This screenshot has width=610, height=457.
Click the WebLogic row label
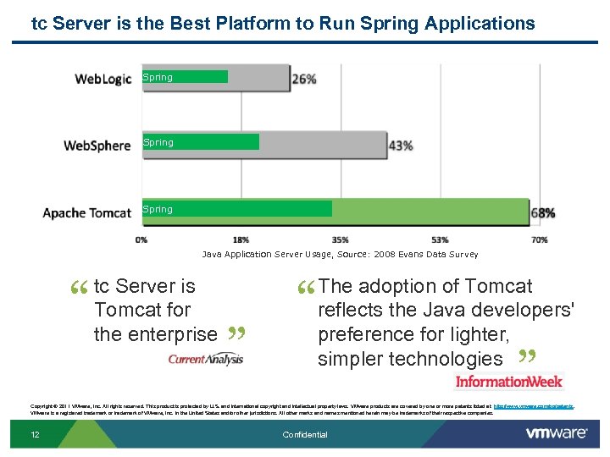103,79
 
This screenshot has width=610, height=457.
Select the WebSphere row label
97,145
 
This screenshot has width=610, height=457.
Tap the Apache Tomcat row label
87,212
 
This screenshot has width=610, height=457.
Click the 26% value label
304,79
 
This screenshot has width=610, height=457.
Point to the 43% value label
401,146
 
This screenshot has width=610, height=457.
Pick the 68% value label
543,212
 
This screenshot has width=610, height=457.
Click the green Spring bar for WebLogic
185,77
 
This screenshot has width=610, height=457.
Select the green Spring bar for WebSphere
200,142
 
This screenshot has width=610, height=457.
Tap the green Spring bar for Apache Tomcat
236,209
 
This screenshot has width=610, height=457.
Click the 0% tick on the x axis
141,240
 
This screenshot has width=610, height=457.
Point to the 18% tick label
241,240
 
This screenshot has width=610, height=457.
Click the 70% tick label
539,240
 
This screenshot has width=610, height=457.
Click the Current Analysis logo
206,359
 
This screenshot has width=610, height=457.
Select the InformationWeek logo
508,381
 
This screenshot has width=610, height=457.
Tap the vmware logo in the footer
557,433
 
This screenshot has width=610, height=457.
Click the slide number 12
35,435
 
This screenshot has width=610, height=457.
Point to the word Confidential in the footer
305,435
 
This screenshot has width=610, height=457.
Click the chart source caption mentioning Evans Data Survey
340,254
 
